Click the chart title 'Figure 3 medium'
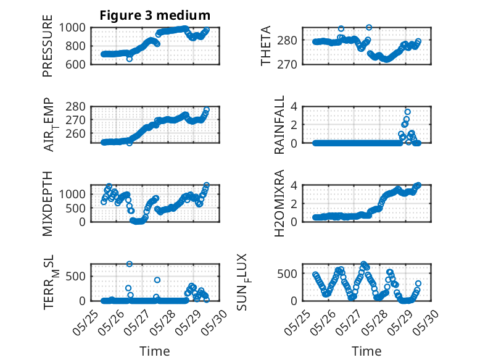click(155, 15)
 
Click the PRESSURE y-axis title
click(48, 46)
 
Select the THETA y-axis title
click(266, 46)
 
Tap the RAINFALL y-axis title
click(279, 125)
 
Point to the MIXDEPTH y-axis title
click(48, 204)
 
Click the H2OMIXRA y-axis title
click(279, 203)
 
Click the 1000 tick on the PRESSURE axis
click(72, 28)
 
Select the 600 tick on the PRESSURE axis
click(75, 64)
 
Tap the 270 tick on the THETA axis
click(287, 64)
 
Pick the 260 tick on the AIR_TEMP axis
click(75, 133)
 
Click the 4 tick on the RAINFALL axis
click(294, 106)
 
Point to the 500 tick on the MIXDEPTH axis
click(75, 208)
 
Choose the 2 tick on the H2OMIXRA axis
click(294, 203)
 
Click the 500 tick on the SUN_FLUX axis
click(287, 274)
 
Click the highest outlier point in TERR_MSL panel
click(130, 264)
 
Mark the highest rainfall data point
click(407, 112)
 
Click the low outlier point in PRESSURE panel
click(130, 59)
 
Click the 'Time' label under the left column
click(155, 351)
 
